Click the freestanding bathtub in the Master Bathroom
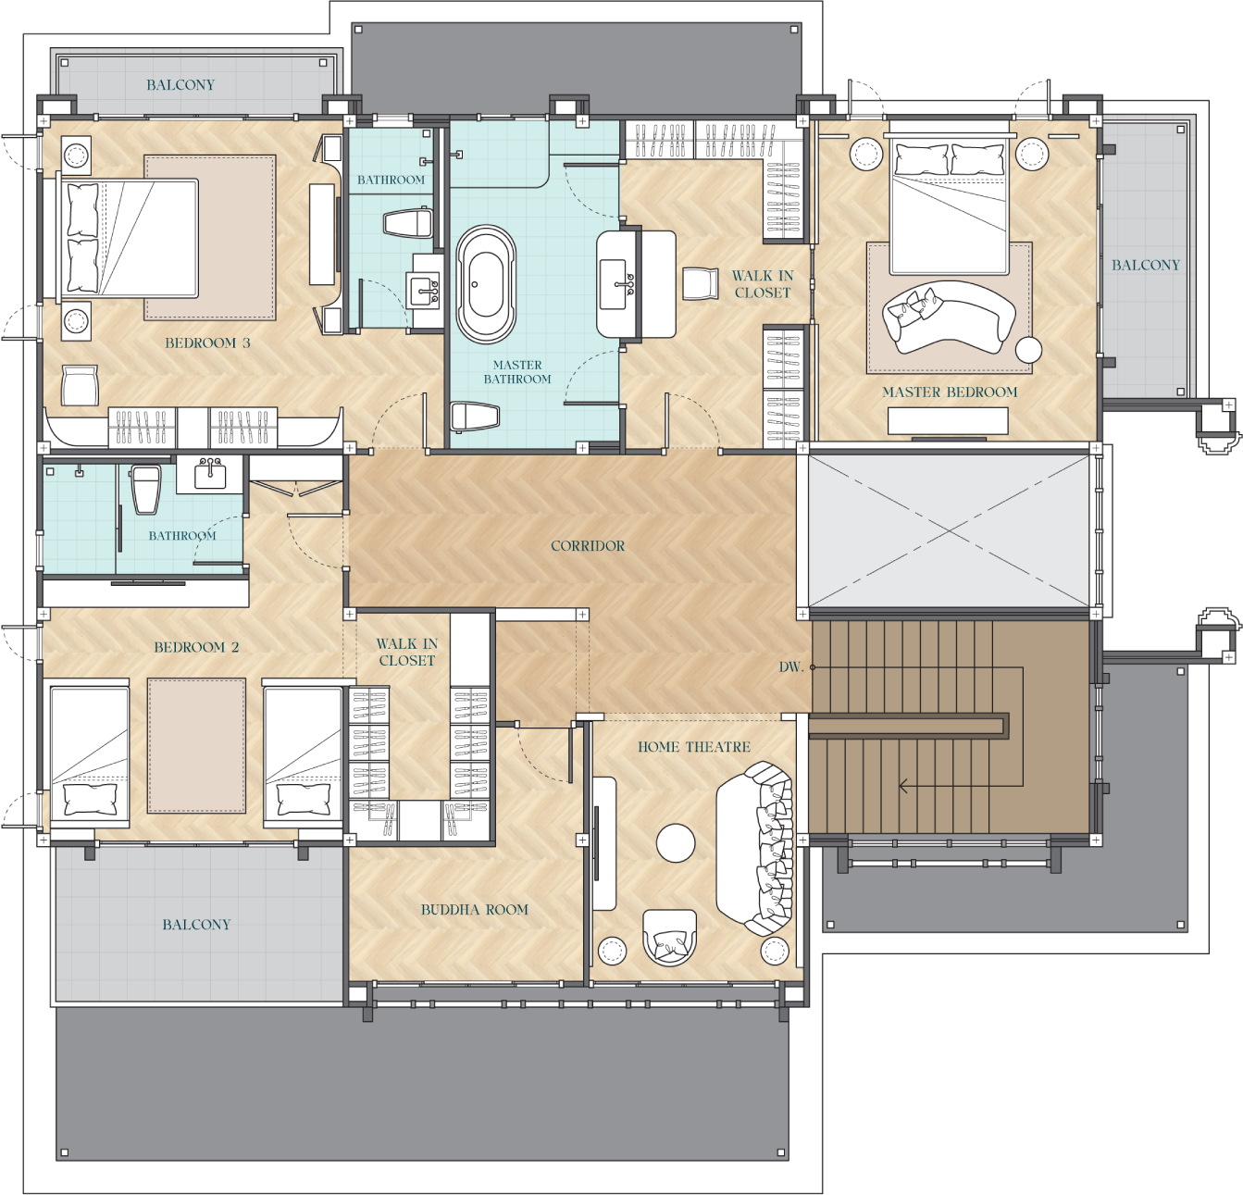click(486, 284)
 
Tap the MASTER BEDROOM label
click(950, 392)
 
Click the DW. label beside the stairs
click(789, 666)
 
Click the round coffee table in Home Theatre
click(676, 842)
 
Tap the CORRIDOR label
click(588, 546)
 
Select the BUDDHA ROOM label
click(475, 910)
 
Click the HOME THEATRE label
click(694, 747)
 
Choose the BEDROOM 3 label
click(207, 343)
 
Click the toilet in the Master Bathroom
click(475, 417)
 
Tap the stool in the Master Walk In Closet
click(701, 283)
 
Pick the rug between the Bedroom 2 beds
click(196, 746)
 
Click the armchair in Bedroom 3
click(80, 385)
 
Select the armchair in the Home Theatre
click(669, 937)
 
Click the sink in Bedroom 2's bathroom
click(210, 474)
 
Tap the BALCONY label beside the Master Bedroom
click(1146, 266)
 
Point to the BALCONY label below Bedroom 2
click(196, 925)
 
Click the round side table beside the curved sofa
click(1028, 350)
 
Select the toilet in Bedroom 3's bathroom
click(408, 223)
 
